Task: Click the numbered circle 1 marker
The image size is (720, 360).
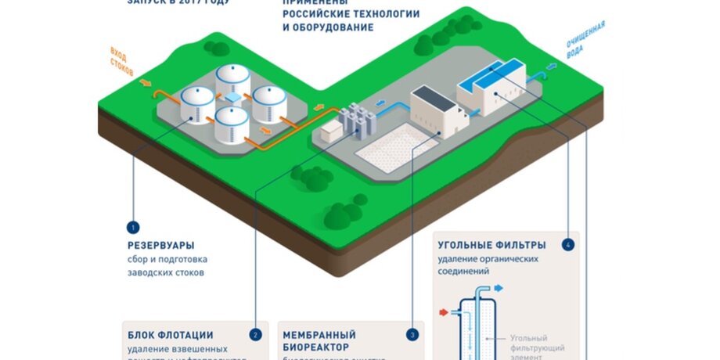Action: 133,228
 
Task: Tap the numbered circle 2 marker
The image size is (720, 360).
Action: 255,334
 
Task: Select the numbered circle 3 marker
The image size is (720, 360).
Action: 413,334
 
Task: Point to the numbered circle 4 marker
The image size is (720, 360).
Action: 568,244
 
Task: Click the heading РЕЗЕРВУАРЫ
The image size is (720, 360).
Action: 160,244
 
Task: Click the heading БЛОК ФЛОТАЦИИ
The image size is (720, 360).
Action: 170,335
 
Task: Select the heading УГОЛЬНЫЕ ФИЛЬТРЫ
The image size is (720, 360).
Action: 491,244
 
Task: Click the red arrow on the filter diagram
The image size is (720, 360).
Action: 444,313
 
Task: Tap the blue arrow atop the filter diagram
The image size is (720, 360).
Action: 499,288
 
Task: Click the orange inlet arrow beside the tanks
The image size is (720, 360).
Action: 146,81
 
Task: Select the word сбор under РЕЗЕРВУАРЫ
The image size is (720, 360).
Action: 139,259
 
